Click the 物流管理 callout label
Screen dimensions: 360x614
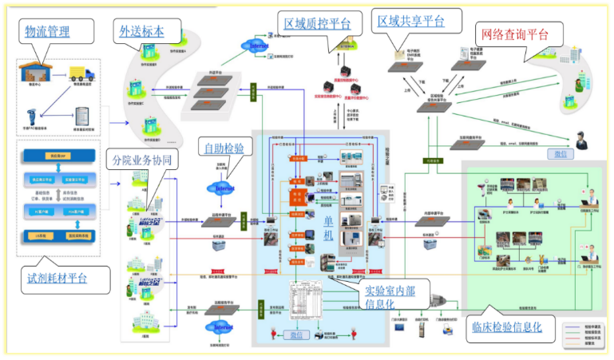pyautogui.click(x=47, y=32)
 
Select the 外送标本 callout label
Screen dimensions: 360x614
pyautogui.click(x=141, y=32)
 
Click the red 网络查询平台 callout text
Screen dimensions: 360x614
pyautogui.click(x=516, y=35)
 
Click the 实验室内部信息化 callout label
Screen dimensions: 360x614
pyautogui.click(x=389, y=295)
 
